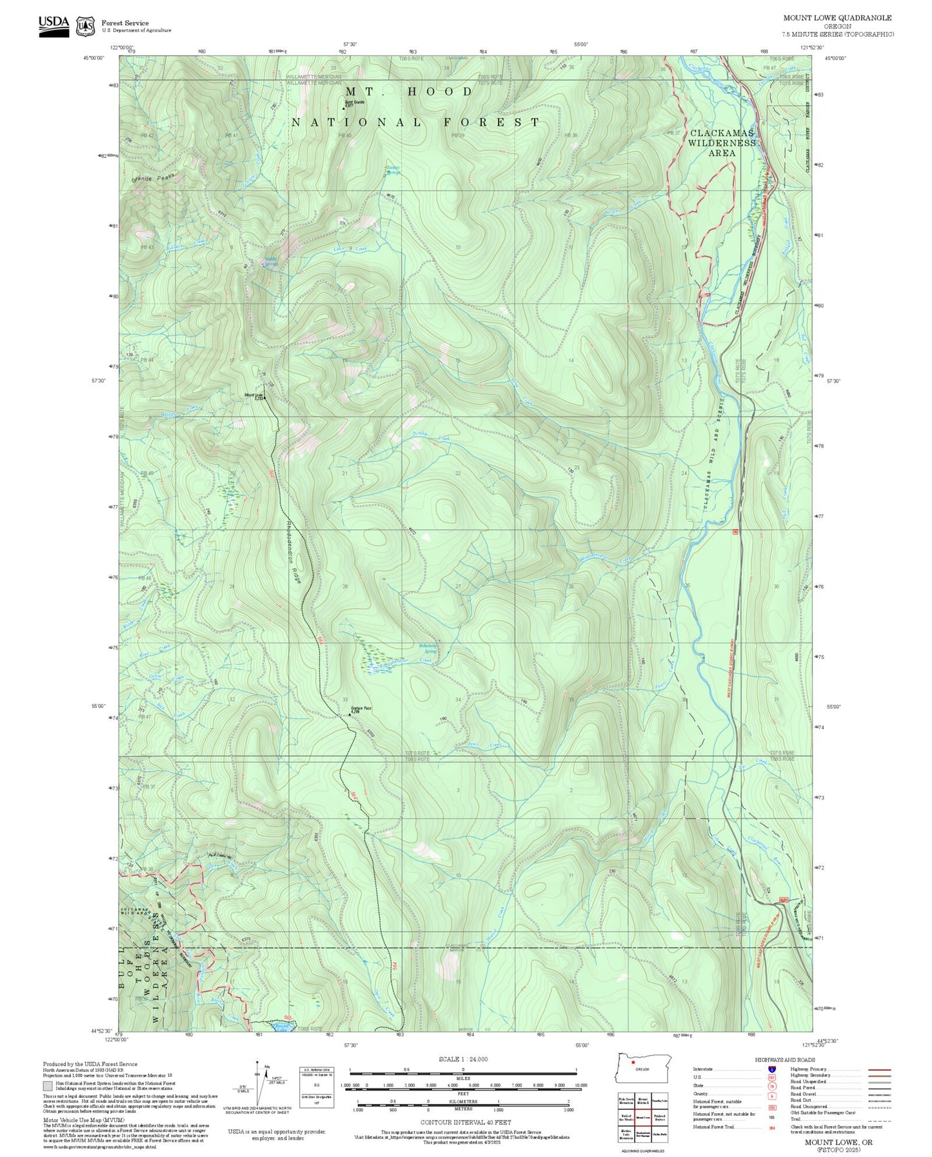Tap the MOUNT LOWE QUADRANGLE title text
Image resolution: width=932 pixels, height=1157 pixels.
pyautogui.click(x=837, y=18)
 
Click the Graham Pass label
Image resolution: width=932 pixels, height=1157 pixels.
pyautogui.click(x=361, y=708)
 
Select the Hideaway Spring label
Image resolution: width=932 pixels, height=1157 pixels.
pyautogui.click(x=428, y=648)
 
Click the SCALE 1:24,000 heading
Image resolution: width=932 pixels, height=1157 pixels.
pyautogui.click(x=462, y=1059)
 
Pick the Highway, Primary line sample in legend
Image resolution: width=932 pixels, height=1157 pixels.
pyautogui.click(x=879, y=1069)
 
